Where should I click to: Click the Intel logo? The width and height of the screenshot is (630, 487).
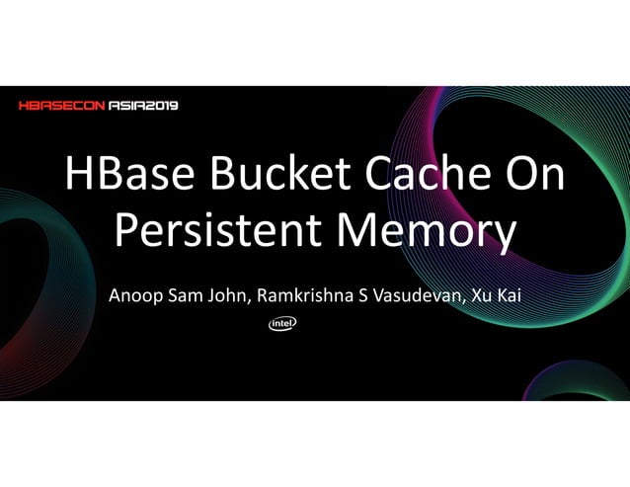click(282, 323)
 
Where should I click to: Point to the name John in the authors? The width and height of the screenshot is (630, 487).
click(229, 296)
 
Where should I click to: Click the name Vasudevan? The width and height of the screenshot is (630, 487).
click(412, 296)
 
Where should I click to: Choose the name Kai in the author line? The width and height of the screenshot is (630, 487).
click(508, 296)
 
